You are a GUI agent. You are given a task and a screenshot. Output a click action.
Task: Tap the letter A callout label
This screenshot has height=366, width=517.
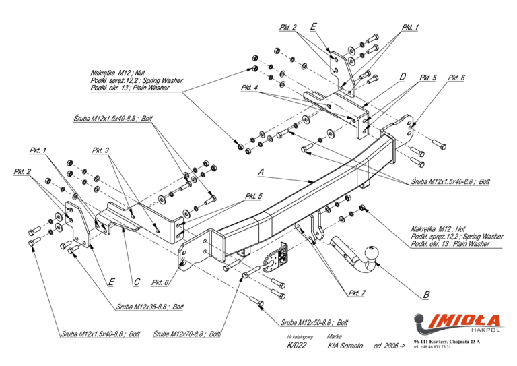[x=261, y=172]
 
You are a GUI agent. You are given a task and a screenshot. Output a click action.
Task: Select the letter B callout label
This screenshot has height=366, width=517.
[x=426, y=295]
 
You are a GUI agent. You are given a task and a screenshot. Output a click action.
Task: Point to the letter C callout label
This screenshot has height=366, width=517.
[x=137, y=282]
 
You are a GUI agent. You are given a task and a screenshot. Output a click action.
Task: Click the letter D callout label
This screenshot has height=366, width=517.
[x=403, y=77]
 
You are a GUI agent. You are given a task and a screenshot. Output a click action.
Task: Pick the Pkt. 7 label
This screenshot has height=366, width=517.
[x=357, y=293]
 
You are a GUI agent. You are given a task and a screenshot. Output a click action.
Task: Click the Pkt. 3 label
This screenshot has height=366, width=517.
[x=100, y=150]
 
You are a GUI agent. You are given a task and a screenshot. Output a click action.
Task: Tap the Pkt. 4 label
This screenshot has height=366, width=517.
[x=249, y=88]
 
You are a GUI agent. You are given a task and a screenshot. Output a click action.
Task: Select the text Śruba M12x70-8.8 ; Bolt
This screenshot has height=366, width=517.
[x=186, y=334]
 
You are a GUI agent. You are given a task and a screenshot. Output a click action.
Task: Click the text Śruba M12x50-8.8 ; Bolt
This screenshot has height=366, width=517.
[x=314, y=322]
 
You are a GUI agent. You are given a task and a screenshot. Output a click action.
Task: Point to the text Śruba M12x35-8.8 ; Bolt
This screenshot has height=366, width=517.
[x=149, y=307]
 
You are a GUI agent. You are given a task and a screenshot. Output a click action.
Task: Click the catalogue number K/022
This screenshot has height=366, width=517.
[x=296, y=346]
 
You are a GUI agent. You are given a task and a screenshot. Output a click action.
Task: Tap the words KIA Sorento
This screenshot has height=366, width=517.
[x=345, y=346]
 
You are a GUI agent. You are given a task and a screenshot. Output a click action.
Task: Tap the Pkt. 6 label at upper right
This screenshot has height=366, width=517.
[x=456, y=78]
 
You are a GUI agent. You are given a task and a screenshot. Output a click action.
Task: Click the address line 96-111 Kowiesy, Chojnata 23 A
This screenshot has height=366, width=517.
[x=447, y=342]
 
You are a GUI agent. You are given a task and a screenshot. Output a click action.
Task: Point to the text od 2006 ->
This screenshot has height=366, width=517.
[x=389, y=346]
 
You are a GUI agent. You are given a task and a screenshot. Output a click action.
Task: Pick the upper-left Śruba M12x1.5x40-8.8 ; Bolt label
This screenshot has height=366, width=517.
[x=113, y=118]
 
